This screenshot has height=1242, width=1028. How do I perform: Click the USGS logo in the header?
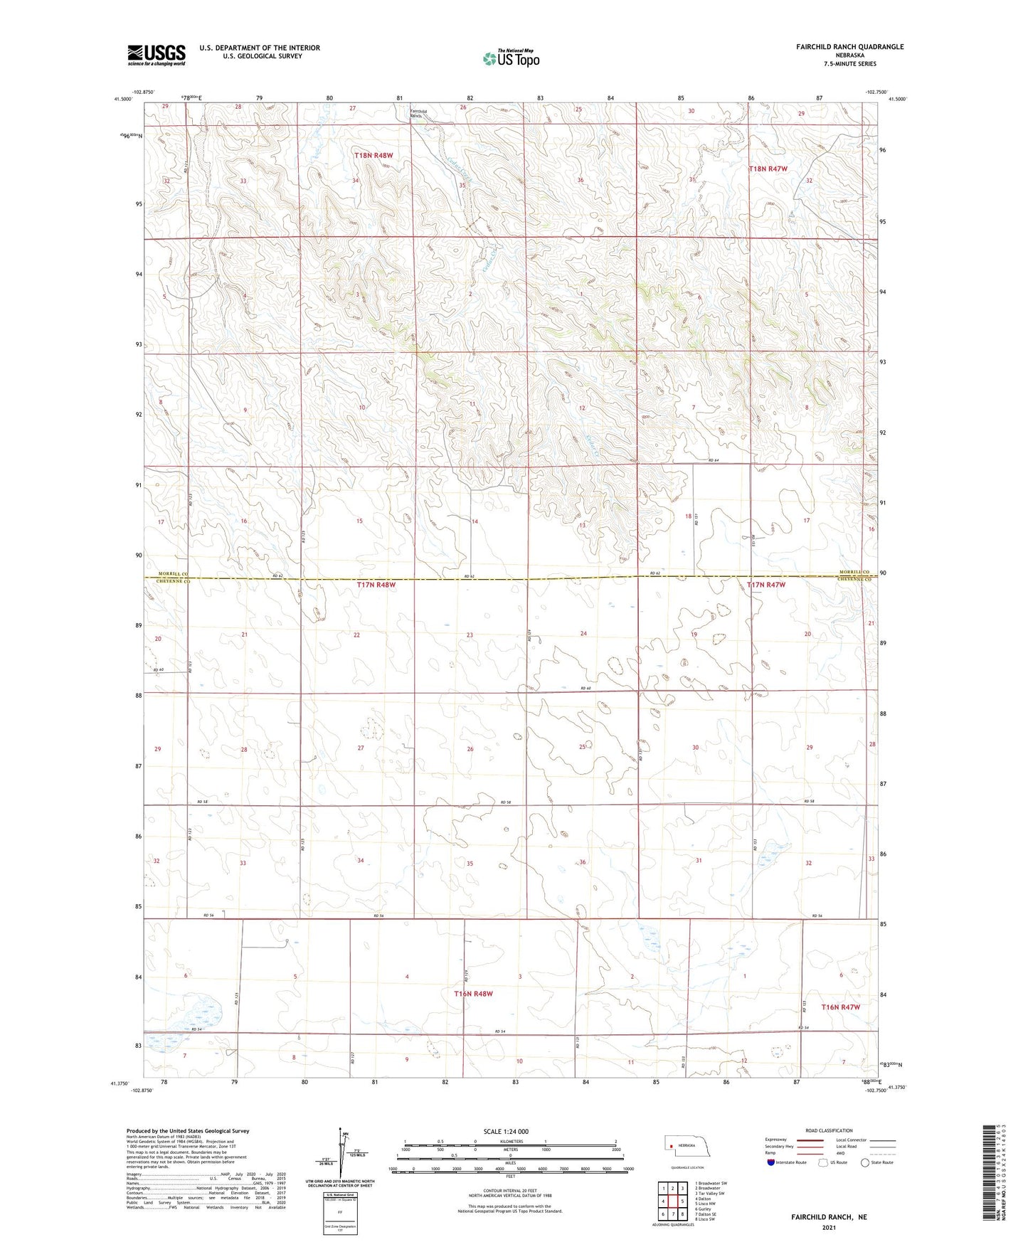tap(156, 55)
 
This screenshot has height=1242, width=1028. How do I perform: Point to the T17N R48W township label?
tap(376, 585)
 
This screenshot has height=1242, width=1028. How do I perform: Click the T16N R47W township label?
tap(841, 1007)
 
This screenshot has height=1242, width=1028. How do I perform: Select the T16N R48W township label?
tap(473, 994)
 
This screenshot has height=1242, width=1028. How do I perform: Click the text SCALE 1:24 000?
tap(506, 1132)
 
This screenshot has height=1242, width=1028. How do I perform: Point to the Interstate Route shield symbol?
tap(771, 1163)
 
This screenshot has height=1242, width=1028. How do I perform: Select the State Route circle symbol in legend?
tap(864, 1163)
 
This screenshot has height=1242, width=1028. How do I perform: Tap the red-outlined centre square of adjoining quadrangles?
tap(672, 1201)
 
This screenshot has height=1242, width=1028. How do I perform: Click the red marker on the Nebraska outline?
tap(671, 1146)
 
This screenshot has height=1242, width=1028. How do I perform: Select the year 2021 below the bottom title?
tap(828, 1227)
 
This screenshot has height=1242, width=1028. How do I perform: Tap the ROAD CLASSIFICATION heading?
tap(829, 1130)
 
